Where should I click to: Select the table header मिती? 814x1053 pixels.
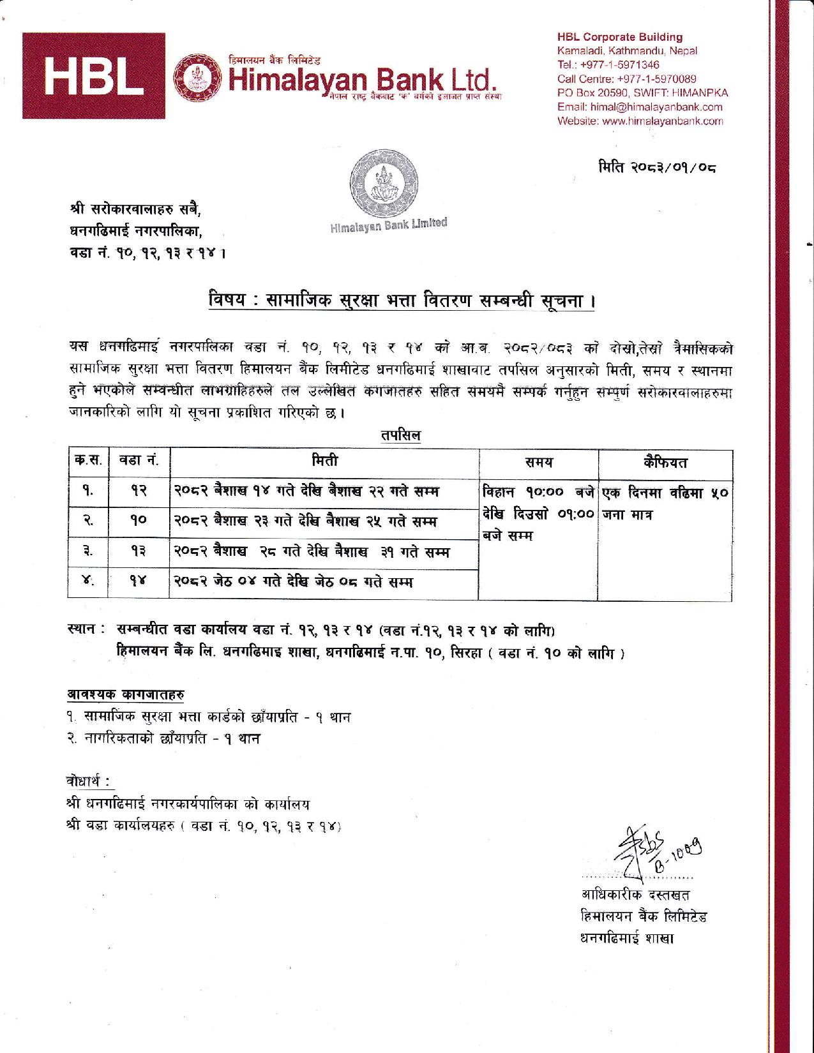pyautogui.click(x=325, y=461)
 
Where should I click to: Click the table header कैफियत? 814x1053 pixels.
pyautogui.click(x=665, y=463)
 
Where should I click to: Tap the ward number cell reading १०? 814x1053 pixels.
pyautogui.click(x=139, y=520)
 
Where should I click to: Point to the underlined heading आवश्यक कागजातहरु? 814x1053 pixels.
pyautogui.click(x=127, y=693)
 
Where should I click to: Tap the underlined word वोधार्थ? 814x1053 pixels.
pyautogui.click(x=89, y=780)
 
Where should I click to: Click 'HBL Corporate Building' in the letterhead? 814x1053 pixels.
pyautogui.click(x=619, y=37)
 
